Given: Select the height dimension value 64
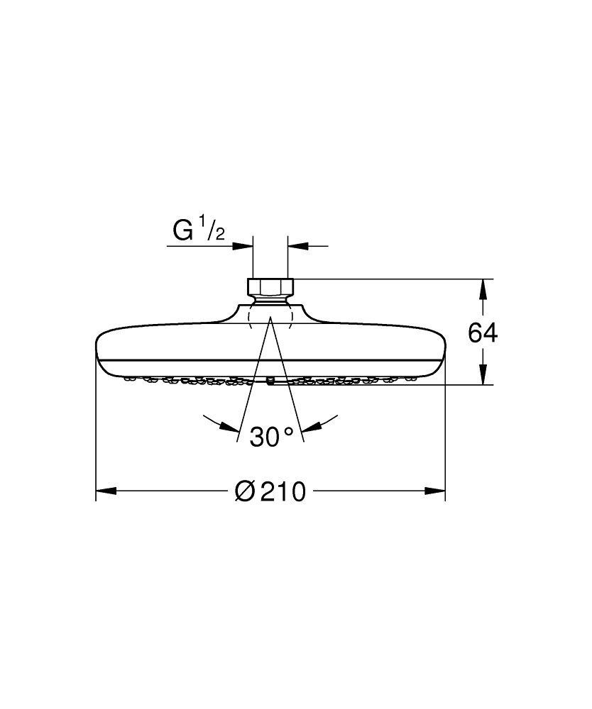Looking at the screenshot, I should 483,333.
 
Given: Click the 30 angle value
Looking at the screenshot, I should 265,436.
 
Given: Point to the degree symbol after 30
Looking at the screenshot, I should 288,430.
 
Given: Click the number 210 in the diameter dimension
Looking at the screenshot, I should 283,491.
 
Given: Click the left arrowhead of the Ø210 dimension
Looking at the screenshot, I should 106,490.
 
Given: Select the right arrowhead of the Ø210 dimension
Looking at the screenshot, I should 435,490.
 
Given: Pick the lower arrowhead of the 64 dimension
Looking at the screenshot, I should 483,375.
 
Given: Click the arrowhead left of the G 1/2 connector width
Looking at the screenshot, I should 244,246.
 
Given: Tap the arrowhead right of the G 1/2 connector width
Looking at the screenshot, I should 297,246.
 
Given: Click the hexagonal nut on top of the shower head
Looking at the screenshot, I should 270,287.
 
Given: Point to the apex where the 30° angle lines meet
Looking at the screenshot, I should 270,320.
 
